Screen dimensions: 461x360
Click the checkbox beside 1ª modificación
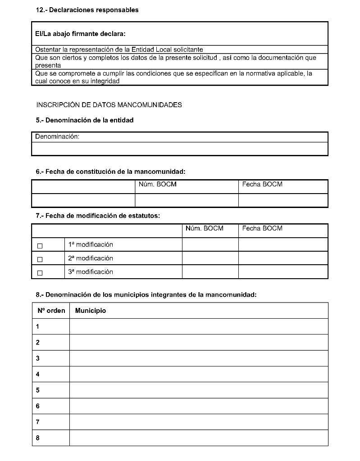(x=40, y=246)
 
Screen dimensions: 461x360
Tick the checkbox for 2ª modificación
(x=40, y=259)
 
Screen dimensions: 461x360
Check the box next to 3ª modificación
(x=40, y=273)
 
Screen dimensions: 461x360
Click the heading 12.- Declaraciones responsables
(x=87, y=10)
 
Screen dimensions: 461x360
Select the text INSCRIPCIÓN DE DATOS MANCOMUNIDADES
(x=109, y=105)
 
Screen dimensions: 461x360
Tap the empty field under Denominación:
(x=179, y=149)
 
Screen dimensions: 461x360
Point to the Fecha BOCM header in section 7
(x=262, y=228)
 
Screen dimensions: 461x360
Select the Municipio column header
(x=91, y=311)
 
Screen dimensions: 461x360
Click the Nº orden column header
(x=51, y=311)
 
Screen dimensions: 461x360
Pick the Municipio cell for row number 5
(x=198, y=390)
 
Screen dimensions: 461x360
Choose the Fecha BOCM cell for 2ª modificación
(x=283, y=258)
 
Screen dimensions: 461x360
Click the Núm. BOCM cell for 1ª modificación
(x=210, y=244)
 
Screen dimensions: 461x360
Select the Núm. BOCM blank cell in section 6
(x=187, y=200)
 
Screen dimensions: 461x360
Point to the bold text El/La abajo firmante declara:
(x=80, y=34)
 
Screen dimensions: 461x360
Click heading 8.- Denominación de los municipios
(x=146, y=295)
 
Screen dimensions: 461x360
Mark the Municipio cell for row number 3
(x=198, y=358)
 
